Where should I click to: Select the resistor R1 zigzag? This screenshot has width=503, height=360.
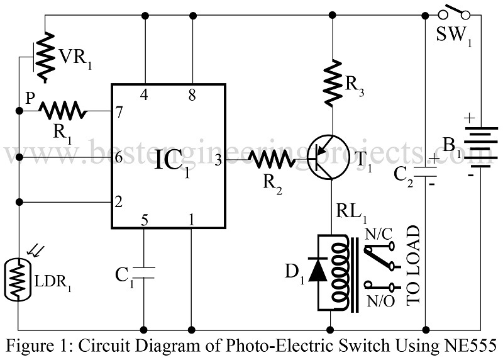pyautogui.click(x=63, y=111)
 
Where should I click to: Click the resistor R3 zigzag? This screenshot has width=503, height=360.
pyautogui.click(x=331, y=83)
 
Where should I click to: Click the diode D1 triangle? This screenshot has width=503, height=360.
pyautogui.click(x=319, y=271)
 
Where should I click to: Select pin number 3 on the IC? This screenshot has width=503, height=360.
pyautogui.click(x=218, y=160)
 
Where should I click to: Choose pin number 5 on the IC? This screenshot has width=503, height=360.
pyautogui.click(x=145, y=220)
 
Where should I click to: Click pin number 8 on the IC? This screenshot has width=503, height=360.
pyautogui.click(x=191, y=95)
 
